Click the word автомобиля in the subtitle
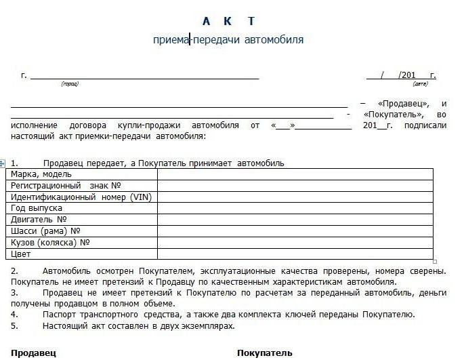tap(275, 40)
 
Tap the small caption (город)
tap(70, 84)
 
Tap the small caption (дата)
tap(420, 84)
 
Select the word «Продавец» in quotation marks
tap(403, 104)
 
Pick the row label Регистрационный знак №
tap(66, 186)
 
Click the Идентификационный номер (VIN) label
tap(80, 197)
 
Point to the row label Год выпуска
tap(37, 208)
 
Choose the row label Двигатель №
tap(39, 220)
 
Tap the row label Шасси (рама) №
tap(49, 231)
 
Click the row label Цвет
tap(22, 254)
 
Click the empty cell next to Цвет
tap(295, 254)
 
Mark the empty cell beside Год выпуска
tap(295, 208)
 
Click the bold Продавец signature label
tap(33, 353)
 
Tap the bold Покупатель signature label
tap(265, 353)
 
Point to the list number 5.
tap(14, 326)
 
